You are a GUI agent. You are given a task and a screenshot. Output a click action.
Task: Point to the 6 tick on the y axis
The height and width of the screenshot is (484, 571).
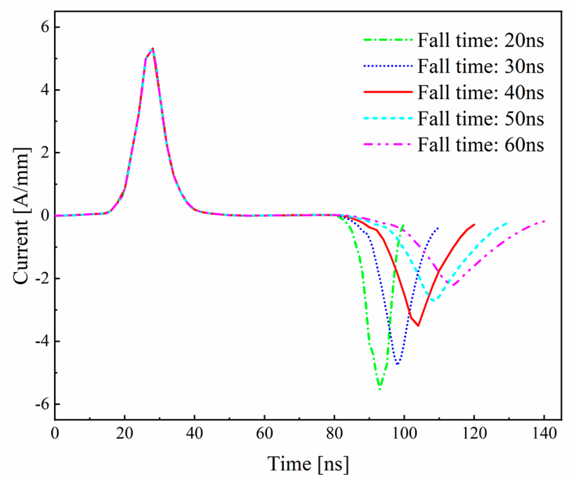coord(44,27)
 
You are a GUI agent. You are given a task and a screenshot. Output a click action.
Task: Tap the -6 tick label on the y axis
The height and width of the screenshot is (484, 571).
coord(41,404)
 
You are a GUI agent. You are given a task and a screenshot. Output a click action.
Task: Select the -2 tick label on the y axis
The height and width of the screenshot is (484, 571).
coord(41,279)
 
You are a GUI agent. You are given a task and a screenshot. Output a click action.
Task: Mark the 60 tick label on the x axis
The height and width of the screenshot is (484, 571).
coord(264,433)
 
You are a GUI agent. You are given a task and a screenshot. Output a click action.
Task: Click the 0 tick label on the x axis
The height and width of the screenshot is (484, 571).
coord(55,433)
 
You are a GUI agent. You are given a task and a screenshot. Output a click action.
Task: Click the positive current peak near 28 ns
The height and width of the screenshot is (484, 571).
coord(153,49)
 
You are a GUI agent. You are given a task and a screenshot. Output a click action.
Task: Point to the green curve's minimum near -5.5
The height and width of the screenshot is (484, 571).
coord(380,389)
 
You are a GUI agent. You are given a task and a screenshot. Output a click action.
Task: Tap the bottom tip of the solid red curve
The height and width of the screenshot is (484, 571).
coord(418,326)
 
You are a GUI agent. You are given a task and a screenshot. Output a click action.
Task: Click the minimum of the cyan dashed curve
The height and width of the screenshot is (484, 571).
coord(434,301)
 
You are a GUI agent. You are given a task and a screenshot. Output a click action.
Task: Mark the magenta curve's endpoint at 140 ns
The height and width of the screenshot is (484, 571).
coord(544,221)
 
